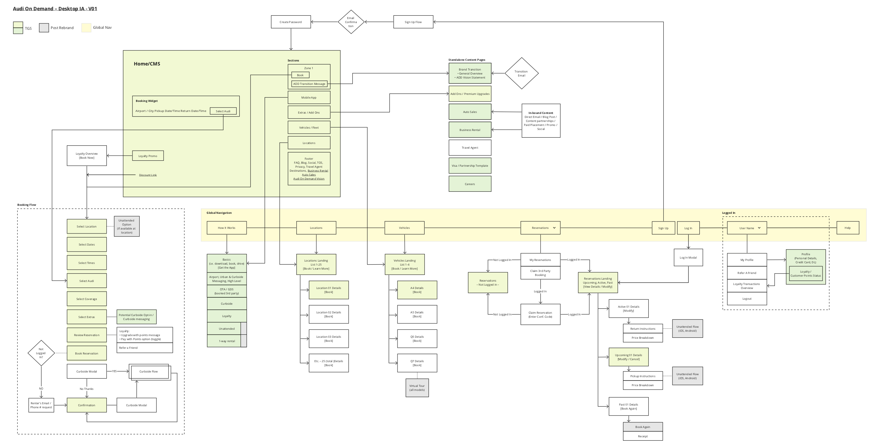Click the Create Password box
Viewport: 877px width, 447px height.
tap(291, 22)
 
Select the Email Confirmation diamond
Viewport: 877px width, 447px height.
tap(351, 22)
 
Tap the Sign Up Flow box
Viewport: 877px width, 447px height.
tap(413, 22)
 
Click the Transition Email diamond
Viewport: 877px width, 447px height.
tap(521, 73)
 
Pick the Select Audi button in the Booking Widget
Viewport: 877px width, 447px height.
tap(223, 111)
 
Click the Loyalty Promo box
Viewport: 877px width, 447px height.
tap(148, 156)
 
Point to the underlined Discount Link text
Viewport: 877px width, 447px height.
tap(148, 175)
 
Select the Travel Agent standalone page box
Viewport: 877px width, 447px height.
tap(470, 148)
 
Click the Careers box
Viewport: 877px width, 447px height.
tap(470, 184)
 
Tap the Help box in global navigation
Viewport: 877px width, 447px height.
tap(847, 228)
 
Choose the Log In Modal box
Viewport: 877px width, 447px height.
tap(688, 258)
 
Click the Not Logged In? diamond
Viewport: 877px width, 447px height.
tap(41, 353)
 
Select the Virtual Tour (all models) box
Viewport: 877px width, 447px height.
tap(417, 388)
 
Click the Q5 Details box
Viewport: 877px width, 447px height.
tap(417, 339)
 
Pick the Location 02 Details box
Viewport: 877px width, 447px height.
tap(328, 314)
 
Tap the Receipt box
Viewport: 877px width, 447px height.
tap(643, 436)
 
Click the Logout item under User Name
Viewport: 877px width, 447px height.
tap(747, 299)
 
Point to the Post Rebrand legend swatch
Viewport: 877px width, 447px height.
tap(44, 28)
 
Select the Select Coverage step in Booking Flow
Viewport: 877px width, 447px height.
tap(86, 299)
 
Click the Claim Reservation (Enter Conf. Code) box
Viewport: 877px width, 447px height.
tap(540, 314)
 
